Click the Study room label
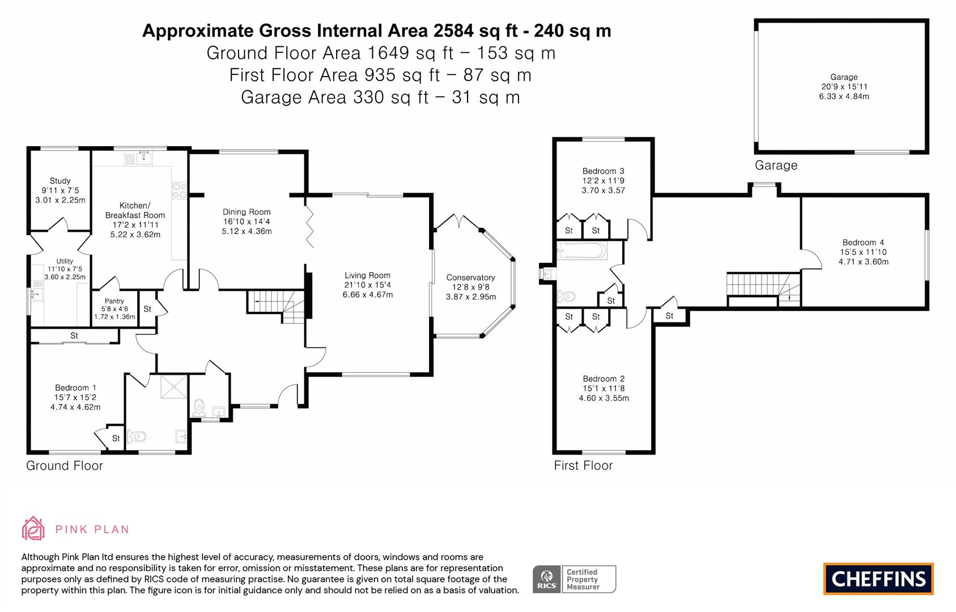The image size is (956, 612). pos(60,181)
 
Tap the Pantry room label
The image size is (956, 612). pos(114,301)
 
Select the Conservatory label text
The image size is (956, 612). pos(470,277)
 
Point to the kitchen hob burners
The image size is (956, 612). pos(180,190)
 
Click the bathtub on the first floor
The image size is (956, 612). pos(582,250)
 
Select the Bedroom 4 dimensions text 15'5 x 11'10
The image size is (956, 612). pos(864,252)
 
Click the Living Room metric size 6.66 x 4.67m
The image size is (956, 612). pos(367,295)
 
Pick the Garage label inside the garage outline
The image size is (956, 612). pos(844,77)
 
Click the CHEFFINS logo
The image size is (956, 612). pos(878,579)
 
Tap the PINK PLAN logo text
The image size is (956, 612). pos(92,529)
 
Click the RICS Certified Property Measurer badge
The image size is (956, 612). pos(574,579)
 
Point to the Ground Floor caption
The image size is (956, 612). pos(65,466)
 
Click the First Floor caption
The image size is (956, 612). pos(583,466)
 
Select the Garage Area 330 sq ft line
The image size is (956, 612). pos(380,97)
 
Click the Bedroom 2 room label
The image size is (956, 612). pos(604,379)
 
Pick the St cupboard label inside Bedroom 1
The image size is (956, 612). pos(116,438)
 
